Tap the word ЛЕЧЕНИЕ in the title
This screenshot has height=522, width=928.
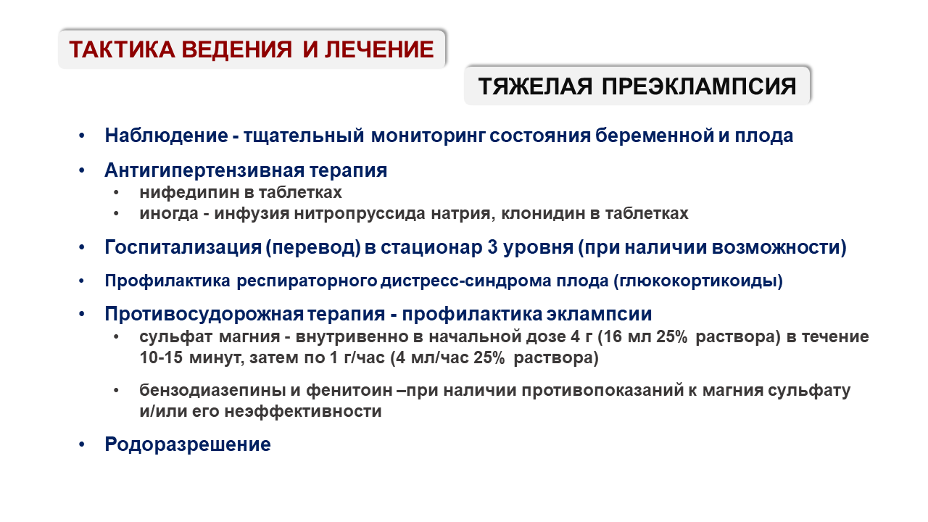pos(379,49)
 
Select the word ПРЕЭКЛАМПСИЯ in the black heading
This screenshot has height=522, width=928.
pos(699,86)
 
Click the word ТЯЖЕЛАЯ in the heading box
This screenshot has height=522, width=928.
pos(535,86)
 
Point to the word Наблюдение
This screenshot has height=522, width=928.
pos(166,136)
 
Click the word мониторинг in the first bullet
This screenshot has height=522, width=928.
pos(428,136)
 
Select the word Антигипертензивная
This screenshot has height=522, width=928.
pos(204,170)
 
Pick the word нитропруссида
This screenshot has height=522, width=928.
pos(360,214)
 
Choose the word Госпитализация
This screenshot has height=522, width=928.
pos(183,247)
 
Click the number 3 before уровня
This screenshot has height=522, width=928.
pos(492,247)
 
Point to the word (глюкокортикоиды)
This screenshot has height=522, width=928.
pos(698,281)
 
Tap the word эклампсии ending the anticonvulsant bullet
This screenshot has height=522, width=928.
pos(599,314)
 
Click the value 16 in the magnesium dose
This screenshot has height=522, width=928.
pos(613,337)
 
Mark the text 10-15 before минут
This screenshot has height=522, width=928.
pos(161,357)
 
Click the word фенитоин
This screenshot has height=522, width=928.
pos(349,391)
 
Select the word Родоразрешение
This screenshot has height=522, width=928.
pos(188,444)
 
